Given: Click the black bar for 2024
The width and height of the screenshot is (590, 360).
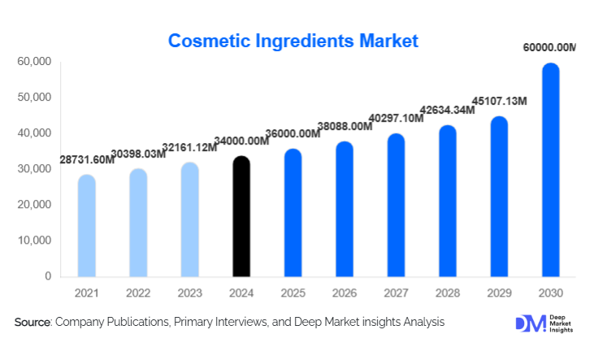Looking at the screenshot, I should point(241,216).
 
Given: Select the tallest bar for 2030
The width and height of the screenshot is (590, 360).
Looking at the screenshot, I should point(551,171).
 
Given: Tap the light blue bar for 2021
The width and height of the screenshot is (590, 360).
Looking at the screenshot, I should point(86,226).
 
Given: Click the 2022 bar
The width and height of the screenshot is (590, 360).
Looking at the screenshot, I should point(138,223).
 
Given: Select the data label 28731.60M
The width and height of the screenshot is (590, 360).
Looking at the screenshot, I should point(87,161).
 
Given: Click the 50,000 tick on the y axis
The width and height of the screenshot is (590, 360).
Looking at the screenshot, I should point(33,98).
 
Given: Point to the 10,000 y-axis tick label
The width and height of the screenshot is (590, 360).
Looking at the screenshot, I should point(33,241).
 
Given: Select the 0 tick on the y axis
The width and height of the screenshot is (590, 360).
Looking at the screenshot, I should point(47,276).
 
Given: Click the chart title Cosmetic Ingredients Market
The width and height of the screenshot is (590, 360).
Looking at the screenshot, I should point(293,40).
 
